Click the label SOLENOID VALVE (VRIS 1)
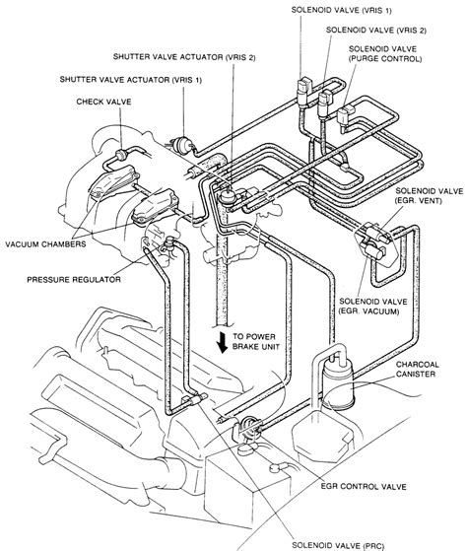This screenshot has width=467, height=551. pyautogui.click(x=341, y=10)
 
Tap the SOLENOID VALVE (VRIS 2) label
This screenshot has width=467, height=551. pyautogui.click(x=376, y=31)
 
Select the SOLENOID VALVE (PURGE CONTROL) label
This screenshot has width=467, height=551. pyautogui.click(x=385, y=54)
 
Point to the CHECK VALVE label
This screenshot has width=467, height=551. pyautogui.click(x=103, y=102)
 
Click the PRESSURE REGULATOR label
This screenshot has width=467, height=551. pyautogui.click(x=74, y=280)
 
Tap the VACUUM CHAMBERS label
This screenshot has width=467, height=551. pyautogui.click(x=45, y=243)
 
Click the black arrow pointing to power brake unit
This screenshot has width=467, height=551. pyautogui.click(x=222, y=343)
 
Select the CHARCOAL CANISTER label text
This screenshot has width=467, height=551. pyautogui.click(x=417, y=370)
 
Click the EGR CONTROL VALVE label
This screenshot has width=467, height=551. pyautogui.click(x=364, y=487)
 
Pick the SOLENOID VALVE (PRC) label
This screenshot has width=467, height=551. pyautogui.click(x=337, y=546)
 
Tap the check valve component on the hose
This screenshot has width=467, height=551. pyautogui.click(x=122, y=155)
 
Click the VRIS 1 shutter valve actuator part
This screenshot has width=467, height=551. pyautogui.click(x=182, y=144)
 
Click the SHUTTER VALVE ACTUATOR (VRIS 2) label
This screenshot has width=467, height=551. pyautogui.click(x=184, y=57)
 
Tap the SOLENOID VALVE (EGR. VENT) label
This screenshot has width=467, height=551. pyautogui.click(x=430, y=196)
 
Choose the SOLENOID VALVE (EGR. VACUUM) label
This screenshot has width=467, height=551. pyautogui.click(x=372, y=307)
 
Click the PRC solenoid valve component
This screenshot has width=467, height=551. pyautogui.click(x=192, y=400)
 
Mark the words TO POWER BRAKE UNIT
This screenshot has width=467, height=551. pyautogui.click(x=256, y=342)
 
